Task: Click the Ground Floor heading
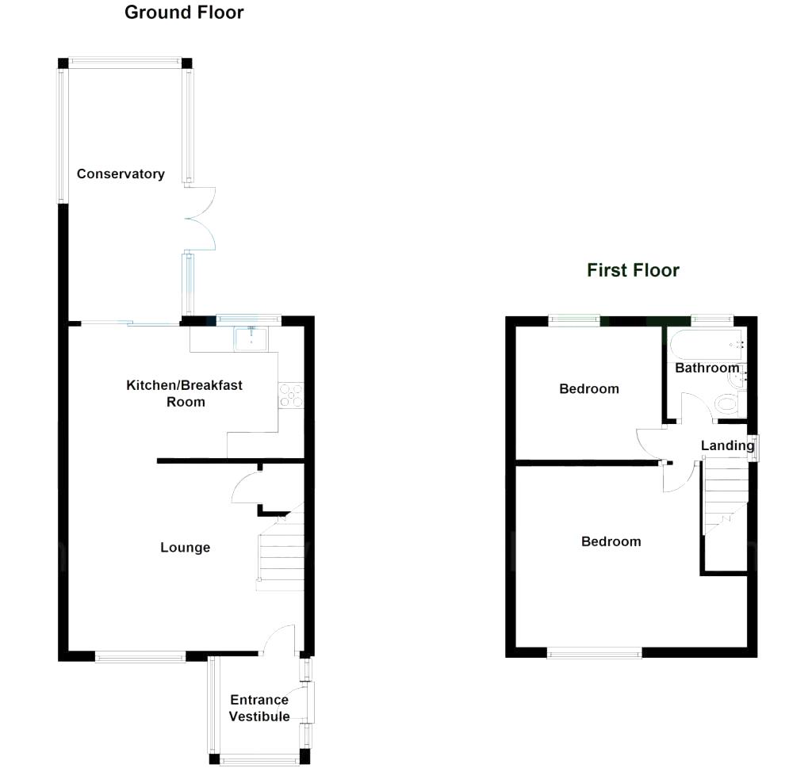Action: [x=184, y=13]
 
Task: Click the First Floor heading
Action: [x=633, y=270]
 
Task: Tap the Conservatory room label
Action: [x=121, y=174]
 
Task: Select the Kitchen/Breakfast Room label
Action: [x=185, y=393]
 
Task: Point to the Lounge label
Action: [x=185, y=548]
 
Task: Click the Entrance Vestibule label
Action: [x=259, y=708]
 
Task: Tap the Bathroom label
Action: [x=707, y=369]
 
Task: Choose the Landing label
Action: [x=727, y=445]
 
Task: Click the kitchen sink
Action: [x=251, y=339]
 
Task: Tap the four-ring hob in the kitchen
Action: [x=290, y=395]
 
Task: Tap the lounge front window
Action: [x=140, y=655]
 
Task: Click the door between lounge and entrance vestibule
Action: [x=279, y=639]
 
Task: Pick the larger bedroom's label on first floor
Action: [x=611, y=542]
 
